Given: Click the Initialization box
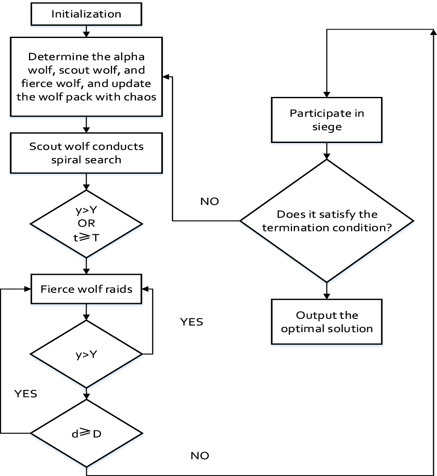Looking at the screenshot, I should pos(86,14).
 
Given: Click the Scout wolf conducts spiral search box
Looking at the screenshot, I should pos(86,153).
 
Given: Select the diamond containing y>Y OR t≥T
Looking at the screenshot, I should pos(86,224).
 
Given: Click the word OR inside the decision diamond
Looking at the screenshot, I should pos(86,224).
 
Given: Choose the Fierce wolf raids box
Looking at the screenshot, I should pos(86,289).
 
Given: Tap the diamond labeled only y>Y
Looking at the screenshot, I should pos(86,354).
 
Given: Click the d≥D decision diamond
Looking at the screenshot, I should pos(86,433).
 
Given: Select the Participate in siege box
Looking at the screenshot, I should pos(327,120).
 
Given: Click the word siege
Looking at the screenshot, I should pos(327,127).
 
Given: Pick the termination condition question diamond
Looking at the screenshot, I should pos(327,221).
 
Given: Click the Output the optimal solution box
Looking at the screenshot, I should pos(327,322).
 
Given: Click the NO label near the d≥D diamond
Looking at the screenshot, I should pos(200,456).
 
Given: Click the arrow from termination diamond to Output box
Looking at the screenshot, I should pos(327,291).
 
